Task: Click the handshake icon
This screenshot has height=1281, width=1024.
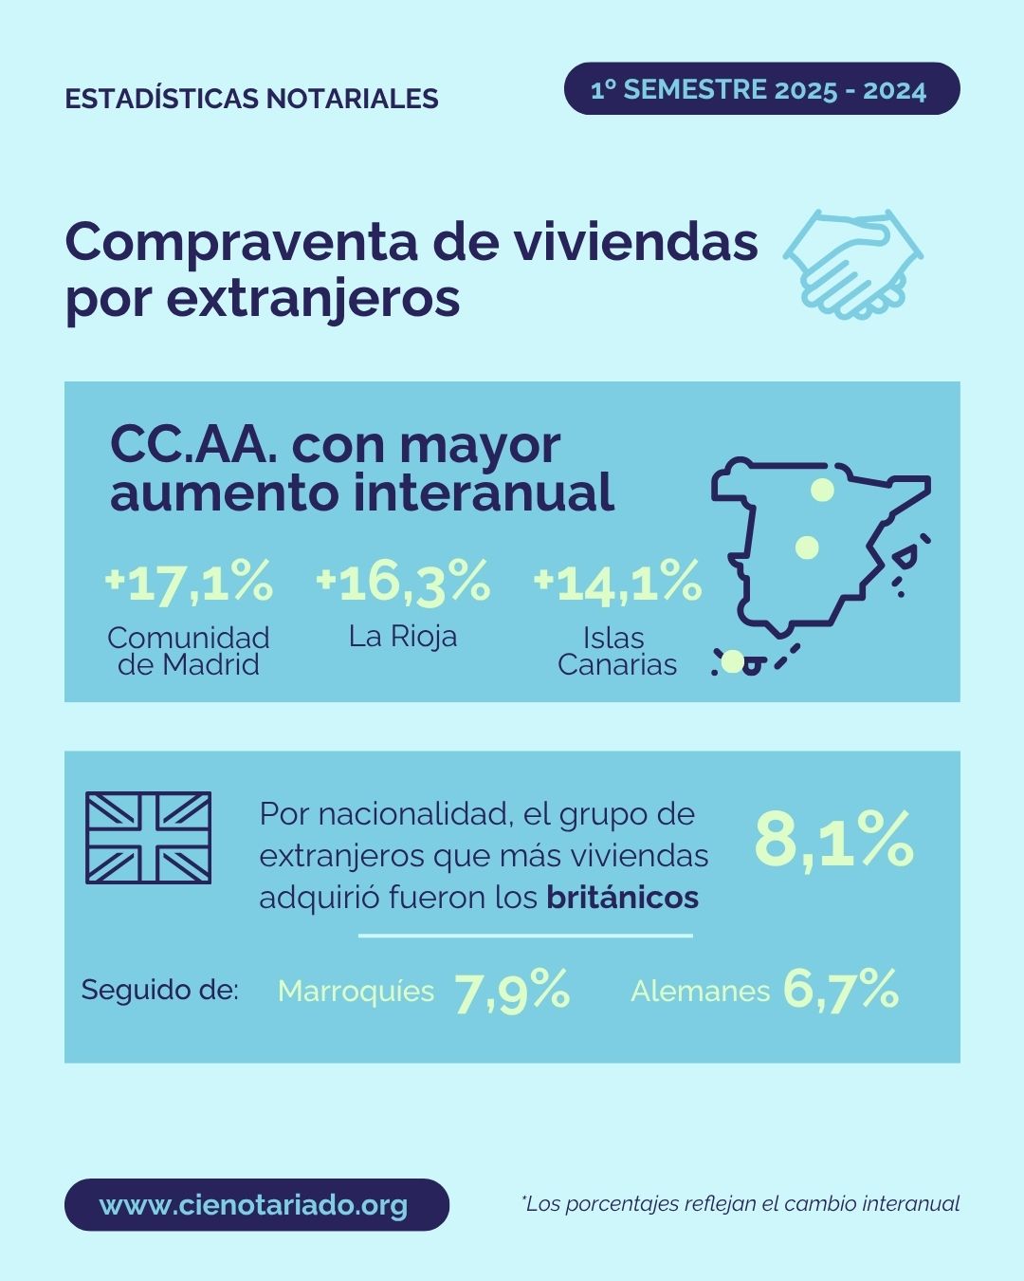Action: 853,263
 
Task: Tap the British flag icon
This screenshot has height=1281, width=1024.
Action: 149,838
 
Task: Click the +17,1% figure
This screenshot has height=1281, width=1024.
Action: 190,582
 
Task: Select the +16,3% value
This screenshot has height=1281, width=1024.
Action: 403,582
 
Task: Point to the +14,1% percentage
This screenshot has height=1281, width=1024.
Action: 618,582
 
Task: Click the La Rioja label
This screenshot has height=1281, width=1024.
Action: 403,636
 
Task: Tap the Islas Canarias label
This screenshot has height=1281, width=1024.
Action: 617,651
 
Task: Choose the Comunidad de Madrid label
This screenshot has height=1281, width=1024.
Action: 189,651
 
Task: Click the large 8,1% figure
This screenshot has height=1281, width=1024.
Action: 833,840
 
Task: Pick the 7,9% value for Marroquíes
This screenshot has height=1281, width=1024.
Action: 512,991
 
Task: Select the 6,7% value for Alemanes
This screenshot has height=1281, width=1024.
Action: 841,990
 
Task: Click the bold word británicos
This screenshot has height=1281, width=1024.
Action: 623,898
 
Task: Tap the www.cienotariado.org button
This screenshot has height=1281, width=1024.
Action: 256,1205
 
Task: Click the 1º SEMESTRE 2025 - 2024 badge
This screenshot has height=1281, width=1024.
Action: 761,89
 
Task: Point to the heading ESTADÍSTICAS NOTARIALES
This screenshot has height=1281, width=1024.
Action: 251,99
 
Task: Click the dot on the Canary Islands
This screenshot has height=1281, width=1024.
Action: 733,661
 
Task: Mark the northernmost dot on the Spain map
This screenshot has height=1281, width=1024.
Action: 822,490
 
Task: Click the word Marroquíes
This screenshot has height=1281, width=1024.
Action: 356,991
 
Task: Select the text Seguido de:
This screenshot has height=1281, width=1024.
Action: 159,990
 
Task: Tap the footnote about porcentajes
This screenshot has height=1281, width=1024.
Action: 741,1204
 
